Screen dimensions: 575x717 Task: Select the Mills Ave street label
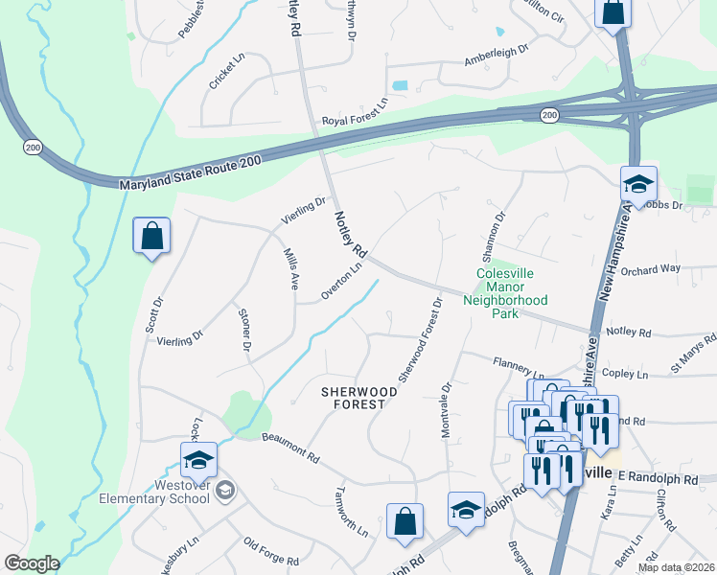click(x=290, y=269)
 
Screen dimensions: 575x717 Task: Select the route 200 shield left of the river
click(x=33, y=147)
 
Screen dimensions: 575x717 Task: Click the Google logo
click(x=32, y=563)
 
